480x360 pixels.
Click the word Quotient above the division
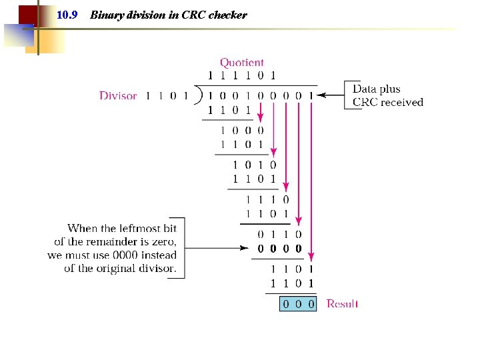tap(242, 63)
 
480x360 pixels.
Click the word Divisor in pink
tap(118, 95)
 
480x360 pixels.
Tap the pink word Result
tap(342, 304)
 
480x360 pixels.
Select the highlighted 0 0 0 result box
tap(297, 304)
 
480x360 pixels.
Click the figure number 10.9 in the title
tap(67, 15)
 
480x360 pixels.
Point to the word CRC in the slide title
tap(194, 15)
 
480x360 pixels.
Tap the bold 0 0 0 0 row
tap(279, 249)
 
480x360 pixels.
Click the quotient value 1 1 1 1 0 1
tap(242, 75)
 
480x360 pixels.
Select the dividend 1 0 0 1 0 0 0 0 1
tap(261, 95)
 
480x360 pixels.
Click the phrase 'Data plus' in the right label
tap(376, 89)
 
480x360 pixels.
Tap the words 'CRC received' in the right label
tap(387, 102)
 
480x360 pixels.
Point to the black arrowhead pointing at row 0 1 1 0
tap(246, 249)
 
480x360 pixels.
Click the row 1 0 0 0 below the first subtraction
tap(242, 131)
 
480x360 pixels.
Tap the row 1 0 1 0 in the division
tap(254, 165)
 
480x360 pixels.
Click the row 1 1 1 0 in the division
tap(267, 199)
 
